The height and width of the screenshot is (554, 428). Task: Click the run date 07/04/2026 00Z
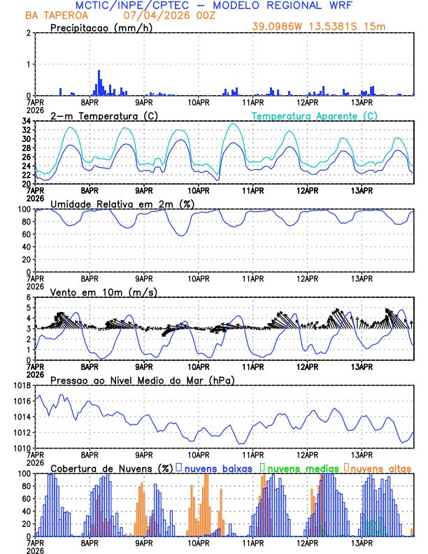coord(166,15)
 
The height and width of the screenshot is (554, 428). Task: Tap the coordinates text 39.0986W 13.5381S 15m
coord(319,27)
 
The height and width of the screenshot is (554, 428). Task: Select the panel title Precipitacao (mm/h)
coord(98,27)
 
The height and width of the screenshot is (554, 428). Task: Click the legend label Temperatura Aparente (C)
coord(314,115)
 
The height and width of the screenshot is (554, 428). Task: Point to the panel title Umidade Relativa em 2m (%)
coord(121,204)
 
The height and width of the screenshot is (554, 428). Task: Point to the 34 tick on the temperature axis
coord(27,121)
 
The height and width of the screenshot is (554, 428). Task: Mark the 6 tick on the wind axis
coord(29,297)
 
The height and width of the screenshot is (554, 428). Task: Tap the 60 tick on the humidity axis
coord(27,234)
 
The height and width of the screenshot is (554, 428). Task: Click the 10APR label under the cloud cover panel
coord(199,543)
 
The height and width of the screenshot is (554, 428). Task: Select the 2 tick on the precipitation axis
coord(29,33)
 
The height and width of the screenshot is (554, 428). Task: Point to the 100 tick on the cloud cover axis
coord(24,474)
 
